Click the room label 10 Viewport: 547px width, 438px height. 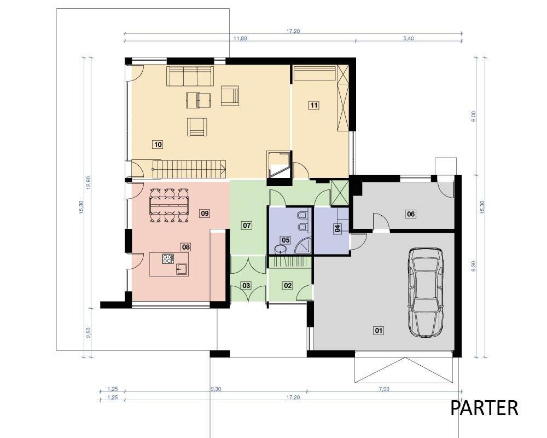(x=158, y=144)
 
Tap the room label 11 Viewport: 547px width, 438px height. (x=314, y=105)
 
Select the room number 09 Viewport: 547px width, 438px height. (x=205, y=213)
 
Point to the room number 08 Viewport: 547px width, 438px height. (x=185, y=247)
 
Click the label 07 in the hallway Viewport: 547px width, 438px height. (x=247, y=225)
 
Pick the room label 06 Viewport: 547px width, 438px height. (x=411, y=214)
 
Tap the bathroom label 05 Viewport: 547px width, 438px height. (x=286, y=240)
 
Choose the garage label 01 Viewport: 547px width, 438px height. (x=379, y=330)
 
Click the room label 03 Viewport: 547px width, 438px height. (x=246, y=285)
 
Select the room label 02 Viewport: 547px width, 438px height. (x=288, y=285)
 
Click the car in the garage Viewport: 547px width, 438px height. (x=426, y=292)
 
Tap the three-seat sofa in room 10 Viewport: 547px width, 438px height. (x=190, y=76)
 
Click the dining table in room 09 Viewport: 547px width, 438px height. (x=169, y=205)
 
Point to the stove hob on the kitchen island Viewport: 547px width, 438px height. (x=168, y=258)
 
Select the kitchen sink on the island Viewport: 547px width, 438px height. (x=182, y=269)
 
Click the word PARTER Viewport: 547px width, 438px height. (x=484, y=408)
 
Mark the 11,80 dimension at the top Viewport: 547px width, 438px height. (x=240, y=38)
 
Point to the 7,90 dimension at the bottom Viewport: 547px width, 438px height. (x=383, y=389)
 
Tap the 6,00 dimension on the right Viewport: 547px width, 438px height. (x=473, y=116)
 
